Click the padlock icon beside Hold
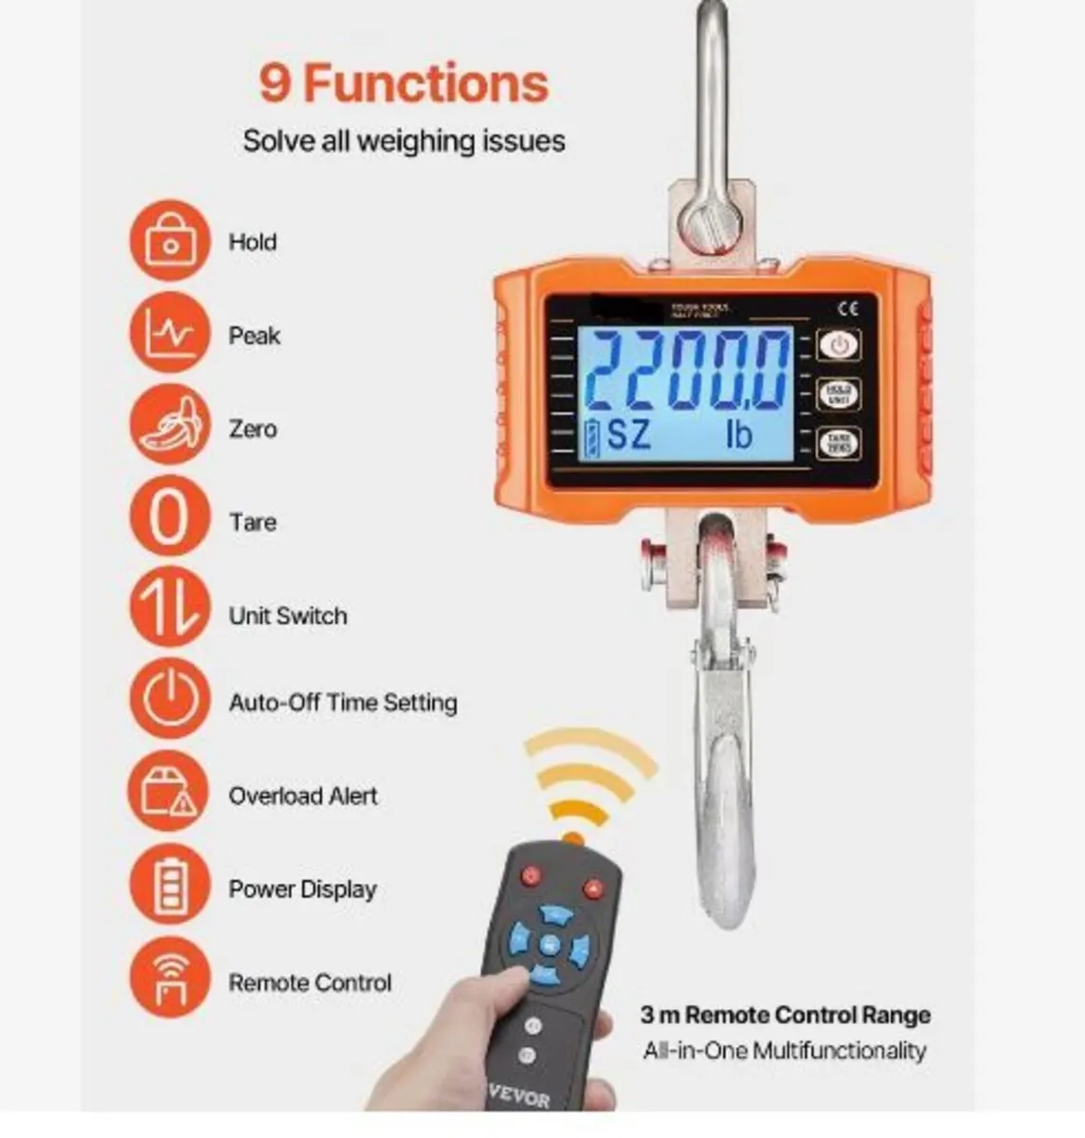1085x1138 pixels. click(x=169, y=241)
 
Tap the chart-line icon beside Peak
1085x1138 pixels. click(x=169, y=334)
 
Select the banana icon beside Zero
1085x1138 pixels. click(x=169, y=427)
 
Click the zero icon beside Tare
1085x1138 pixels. click(x=169, y=520)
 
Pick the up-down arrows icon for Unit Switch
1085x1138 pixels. click(x=169, y=614)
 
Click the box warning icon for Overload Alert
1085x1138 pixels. click(x=169, y=794)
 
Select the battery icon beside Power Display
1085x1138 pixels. click(x=169, y=888)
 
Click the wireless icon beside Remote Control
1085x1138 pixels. click(x=169, y=981)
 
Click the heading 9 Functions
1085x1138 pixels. click(x=404, y=83)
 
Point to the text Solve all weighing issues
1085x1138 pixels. click(x=404, y=141)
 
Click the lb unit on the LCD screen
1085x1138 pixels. click(x=738, y=435)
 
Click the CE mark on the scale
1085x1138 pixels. click(x=848, y=307)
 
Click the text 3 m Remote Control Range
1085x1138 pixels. click(x=785, y=1015)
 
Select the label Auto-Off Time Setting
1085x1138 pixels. click(x=342, y=703)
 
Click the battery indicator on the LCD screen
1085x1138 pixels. click(x=593, y=436)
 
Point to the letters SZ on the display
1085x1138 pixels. click(x=628, y=435)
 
